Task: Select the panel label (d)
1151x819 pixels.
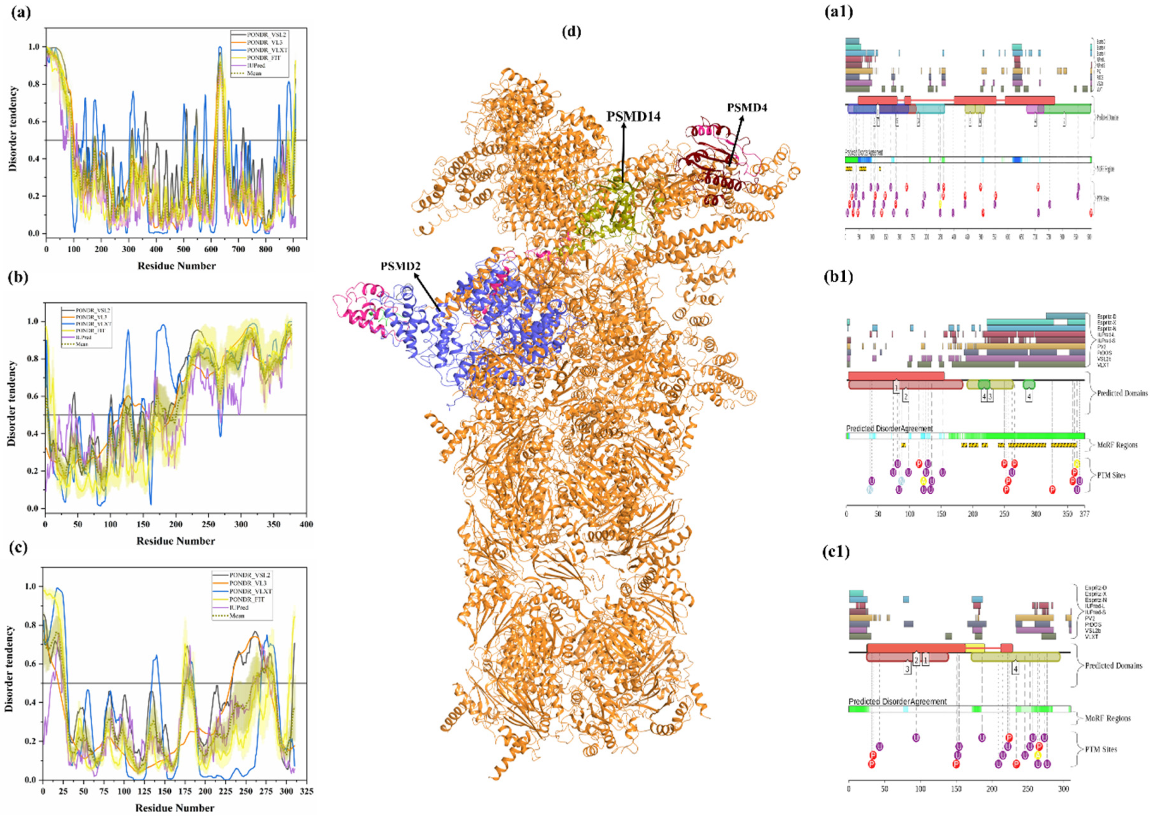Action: tap(571, 32)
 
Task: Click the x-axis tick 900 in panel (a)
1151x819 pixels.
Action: tap(293, 249)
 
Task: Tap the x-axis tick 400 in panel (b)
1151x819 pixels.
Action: tap(306, 524)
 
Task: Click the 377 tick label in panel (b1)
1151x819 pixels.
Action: tap(1084, 514)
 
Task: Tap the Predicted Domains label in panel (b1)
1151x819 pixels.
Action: tap(1122, 393)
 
